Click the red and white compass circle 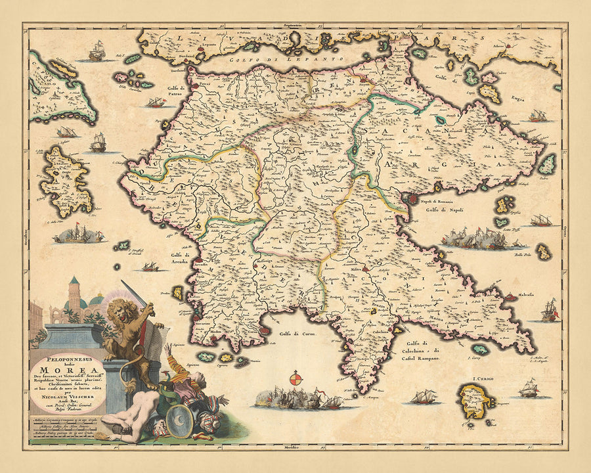(296, 380)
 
